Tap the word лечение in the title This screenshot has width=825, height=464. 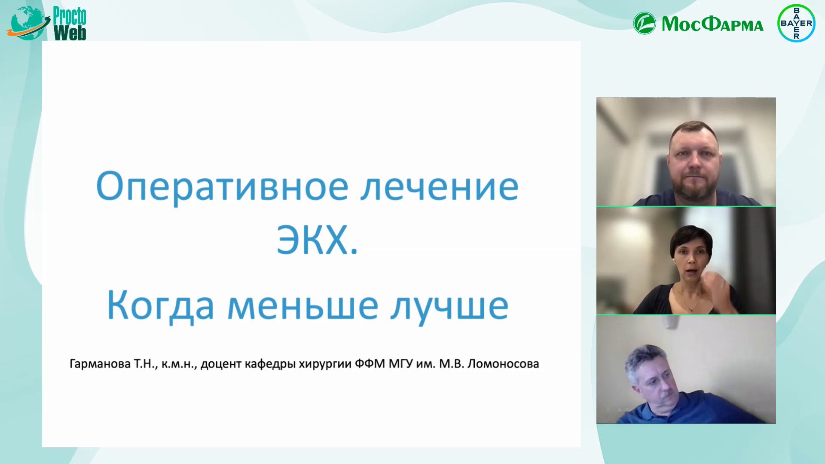click(x=440, y=187)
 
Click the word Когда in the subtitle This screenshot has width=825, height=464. click(x=160, y=305)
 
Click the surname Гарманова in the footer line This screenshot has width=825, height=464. click(x=100, y=364)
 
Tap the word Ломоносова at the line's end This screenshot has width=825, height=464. click(x=503, y=364)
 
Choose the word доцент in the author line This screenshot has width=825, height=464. click(x=221, y=364)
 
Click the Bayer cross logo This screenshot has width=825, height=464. click(x=796, y=23)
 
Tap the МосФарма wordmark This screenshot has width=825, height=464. click(x=712, y=24)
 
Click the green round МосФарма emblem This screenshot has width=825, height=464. click(x=645, y=23)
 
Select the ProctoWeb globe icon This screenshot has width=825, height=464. click(x=27, y=24)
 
